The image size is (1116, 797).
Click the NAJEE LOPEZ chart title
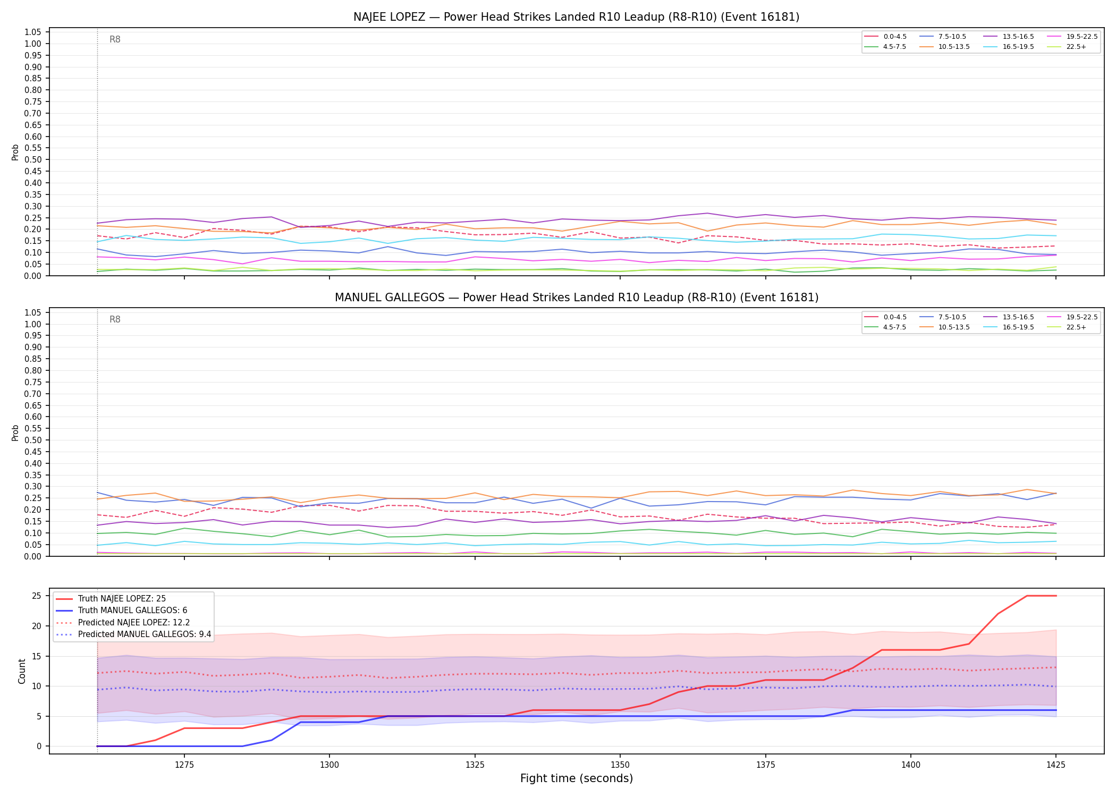tap(576, 17)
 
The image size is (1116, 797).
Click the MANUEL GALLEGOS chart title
tap(576, 298)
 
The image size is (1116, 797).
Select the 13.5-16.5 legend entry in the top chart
tap(1008, 37)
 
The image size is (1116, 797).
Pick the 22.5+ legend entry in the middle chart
tap(1066, 327)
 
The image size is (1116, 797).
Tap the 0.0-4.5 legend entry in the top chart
tap(885, 37)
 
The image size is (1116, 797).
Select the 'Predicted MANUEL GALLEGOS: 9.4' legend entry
tap(133, 634)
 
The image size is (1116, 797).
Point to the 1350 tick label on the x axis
tap(620, 765)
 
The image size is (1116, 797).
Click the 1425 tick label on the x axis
tap(1055, 765)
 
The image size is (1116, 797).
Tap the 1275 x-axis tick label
tap(184, 765)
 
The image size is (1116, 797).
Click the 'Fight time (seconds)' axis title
tap(577, 779)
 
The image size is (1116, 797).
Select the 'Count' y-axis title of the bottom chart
tap(22, 671)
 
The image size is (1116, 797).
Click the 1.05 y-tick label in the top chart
tap(33, 32)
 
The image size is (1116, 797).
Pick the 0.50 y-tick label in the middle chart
tap(33, 440)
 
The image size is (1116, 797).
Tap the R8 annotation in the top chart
tap(115, 39)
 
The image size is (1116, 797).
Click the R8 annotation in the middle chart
tap(115, 319)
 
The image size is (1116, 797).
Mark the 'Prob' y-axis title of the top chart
tap(15, 152)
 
